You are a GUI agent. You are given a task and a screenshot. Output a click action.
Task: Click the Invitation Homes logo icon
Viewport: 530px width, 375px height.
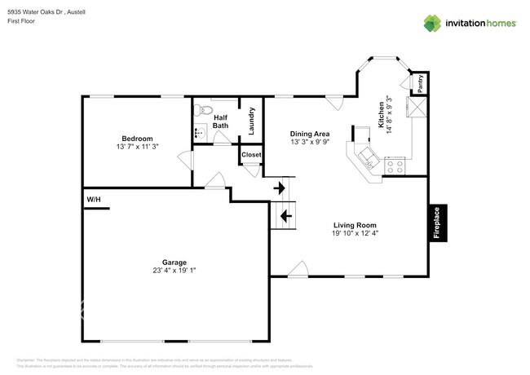pyautogui.click(x=431, y=23)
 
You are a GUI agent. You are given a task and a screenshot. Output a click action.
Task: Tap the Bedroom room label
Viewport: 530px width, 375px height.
pyautogui.click(x=136, y=139)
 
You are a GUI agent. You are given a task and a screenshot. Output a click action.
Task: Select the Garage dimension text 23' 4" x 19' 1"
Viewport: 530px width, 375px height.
pyautogui.click(x=174, y=271)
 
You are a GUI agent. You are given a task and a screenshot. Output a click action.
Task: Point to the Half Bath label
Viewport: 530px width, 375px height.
pyautogui.click(x=221, y=121)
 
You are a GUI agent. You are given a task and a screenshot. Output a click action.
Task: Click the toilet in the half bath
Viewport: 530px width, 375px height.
pyautogui.click(x=205, y=110)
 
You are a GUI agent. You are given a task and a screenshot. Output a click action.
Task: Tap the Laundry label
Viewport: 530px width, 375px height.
pyautogui.click(x=253, y=121)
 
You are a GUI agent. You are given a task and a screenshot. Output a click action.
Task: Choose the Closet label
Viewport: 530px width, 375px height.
pyautogui.click(x=251, y=154)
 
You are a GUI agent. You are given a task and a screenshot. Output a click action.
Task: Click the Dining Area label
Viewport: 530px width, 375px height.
pyautogui.click(x=311, y=134)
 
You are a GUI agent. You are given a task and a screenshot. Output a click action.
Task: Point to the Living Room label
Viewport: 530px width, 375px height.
pyautogui.click(x=355, y=225)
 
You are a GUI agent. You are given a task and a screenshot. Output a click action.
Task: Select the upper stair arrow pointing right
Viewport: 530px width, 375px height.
pyautogui.click(x=281, y=188)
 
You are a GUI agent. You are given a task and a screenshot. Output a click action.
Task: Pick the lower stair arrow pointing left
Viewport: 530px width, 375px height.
pyautogui.click(x=285, y=216)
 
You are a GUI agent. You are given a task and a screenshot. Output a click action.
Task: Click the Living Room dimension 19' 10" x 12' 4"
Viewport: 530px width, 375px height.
pyautogui.click(x=355, y=234)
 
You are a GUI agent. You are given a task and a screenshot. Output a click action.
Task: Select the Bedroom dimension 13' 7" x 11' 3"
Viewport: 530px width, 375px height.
pyautogui.click(x=136, y=148)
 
